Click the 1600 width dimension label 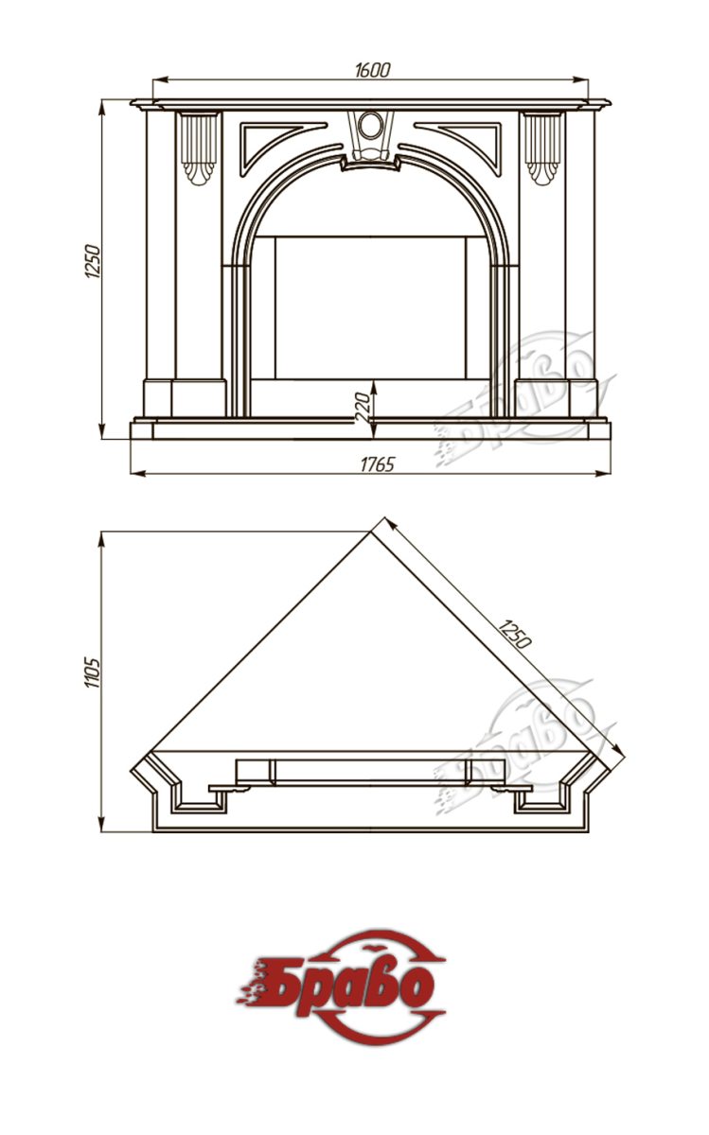coord(373,70)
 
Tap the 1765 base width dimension coord(378,464)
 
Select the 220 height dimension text coord(363,409)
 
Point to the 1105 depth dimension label coord(93,672)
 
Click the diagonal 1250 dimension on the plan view coord(514,634)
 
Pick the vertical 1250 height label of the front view coord(93,261)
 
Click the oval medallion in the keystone coord(371,124)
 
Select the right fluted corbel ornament coord(542,148)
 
